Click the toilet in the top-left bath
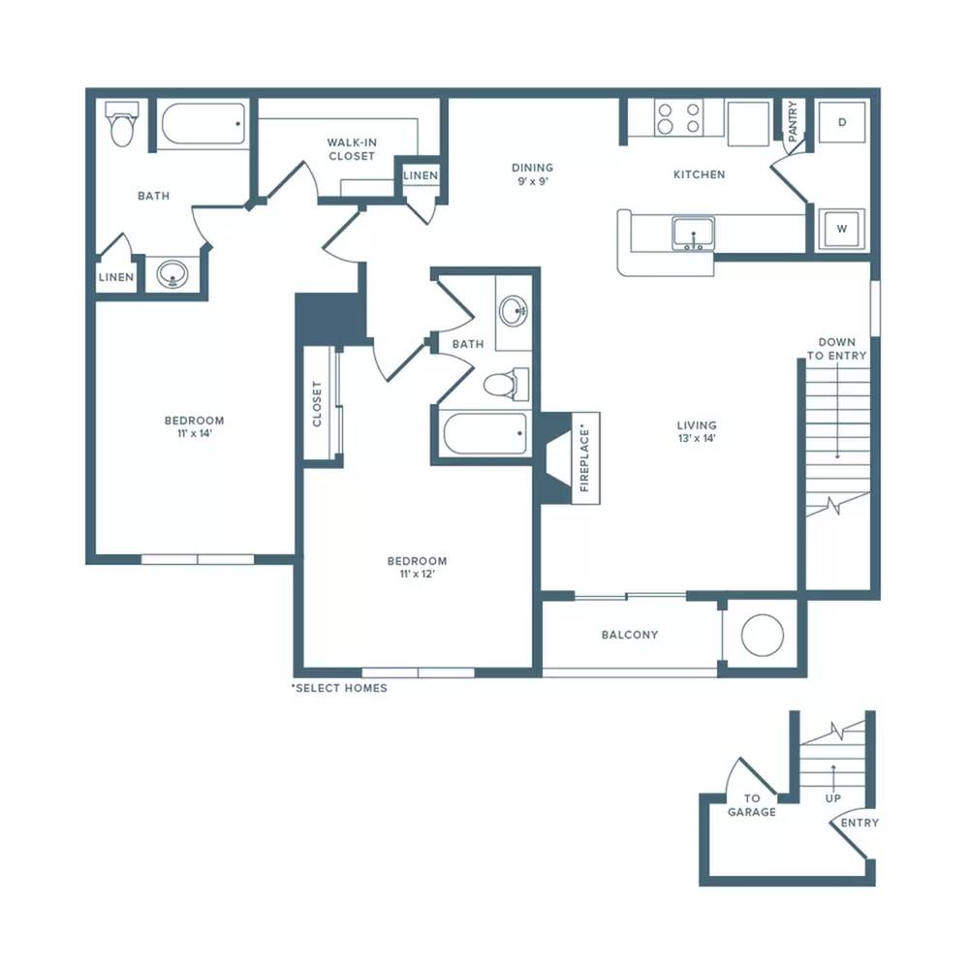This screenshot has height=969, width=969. click(x=122, y=124)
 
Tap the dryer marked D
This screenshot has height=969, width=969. click(x=842, y=122)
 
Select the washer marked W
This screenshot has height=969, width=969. click(x=842, y=229)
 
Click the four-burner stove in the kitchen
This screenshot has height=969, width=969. click(x=678, y=118)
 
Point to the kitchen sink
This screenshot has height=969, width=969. click(x=694, y=234)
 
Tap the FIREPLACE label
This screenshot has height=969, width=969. click(x=584, y=458)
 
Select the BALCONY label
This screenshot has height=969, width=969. click(x=630, y=635)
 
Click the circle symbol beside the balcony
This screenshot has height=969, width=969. click(x=763, y=636)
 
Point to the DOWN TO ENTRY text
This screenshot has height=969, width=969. click(x=837, y=349)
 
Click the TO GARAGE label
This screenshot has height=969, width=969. click(x=752, y=805)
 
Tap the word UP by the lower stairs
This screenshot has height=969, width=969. click(x=833, y=798)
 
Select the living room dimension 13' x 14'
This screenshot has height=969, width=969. click(x=697, y=439)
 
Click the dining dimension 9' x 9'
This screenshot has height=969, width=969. click(x=533, y=182)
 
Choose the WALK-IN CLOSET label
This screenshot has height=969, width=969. click(x=352, y=149)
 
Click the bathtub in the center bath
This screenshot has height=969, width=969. click(x=485, y=433)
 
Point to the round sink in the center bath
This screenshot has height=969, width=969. click(x=514, y=311)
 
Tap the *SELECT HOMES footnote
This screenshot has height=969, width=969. click(x=339, y=688)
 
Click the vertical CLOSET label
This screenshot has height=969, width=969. click(x=317, y=403)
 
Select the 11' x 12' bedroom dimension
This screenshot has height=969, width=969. click(x=417, y=574)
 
